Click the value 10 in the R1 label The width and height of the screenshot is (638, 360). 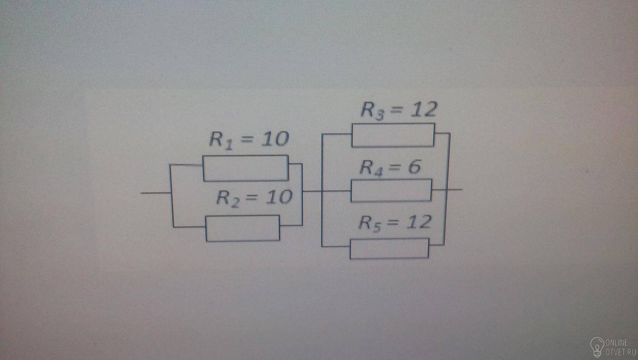(x=275, y=139)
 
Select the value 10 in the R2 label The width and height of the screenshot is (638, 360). (x=279, y=197)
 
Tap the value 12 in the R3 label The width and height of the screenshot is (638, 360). (x=423, y=110)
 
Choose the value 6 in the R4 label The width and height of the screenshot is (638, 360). (x=414, y=167)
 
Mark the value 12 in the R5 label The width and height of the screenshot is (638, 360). (x=419, y=222)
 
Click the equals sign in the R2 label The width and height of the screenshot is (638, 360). (x=253, y=197)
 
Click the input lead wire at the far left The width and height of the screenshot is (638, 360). (x=156, y=193)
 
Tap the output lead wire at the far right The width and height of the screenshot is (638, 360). (x=454, y=189)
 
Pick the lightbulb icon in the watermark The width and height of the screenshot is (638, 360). (x=597, y=347)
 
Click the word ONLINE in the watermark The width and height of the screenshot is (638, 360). (x=617, y=343)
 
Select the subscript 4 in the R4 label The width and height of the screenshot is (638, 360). (x=378, y=172)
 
